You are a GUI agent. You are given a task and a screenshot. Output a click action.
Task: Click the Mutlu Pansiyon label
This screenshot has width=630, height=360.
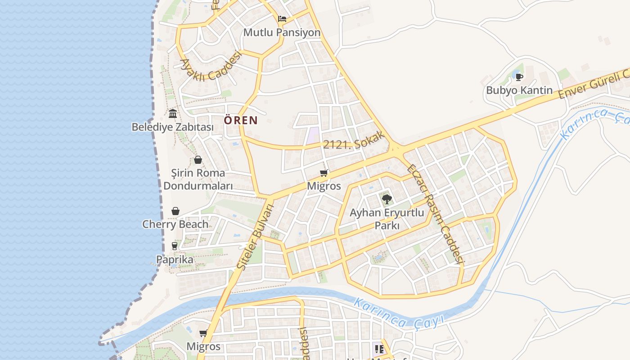pos(282,33)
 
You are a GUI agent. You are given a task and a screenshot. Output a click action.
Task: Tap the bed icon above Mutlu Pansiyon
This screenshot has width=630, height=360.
pos(282,19)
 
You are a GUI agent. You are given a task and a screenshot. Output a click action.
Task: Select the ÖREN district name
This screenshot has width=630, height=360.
pos(241,120)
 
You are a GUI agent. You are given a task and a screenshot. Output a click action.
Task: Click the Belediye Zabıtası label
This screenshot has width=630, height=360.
pos(172,127)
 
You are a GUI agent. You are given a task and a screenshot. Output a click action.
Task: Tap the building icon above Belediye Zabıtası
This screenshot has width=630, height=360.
pos(172,112)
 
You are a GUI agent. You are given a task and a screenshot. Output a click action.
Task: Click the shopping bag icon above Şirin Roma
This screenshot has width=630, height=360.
pos(198,160)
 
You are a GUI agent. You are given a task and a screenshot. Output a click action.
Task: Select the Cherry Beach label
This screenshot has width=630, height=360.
pos(175,224)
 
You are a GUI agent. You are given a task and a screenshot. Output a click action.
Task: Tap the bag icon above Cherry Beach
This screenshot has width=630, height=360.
pos(175,211)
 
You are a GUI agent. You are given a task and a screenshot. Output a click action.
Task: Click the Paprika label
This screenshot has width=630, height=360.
pos(175,260)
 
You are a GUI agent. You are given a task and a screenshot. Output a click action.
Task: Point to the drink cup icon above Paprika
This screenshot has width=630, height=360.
pos(175,246)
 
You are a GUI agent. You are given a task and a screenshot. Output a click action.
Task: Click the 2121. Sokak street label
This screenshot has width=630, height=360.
pos(355,142)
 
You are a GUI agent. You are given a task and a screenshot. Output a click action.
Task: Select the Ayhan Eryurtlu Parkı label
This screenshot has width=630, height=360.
pos(387,218)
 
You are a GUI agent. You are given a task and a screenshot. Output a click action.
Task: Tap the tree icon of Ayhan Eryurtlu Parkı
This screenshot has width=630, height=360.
pos(387,198)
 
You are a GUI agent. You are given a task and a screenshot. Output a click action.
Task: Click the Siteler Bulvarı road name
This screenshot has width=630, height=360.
pos(255,237)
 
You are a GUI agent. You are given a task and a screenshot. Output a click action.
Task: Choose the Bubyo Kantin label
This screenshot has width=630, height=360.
pos(519,90)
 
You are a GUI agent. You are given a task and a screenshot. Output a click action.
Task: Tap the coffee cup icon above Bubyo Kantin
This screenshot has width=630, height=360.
pos(519,77)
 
